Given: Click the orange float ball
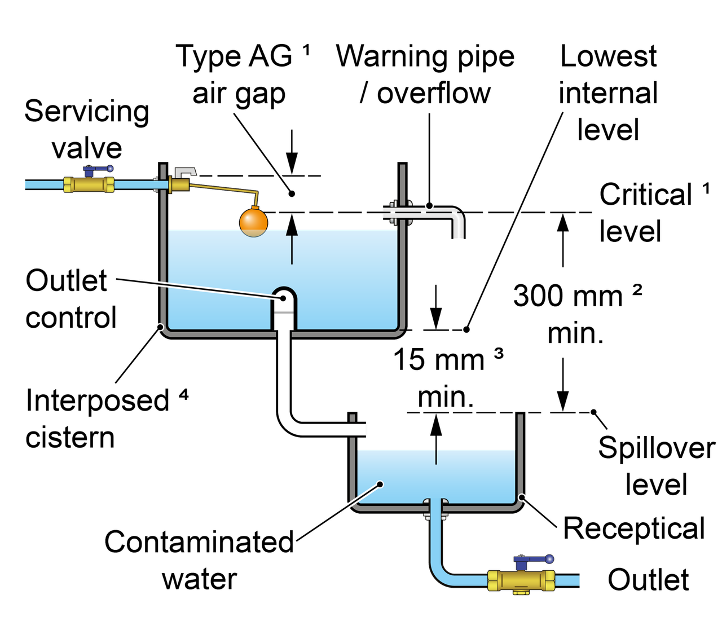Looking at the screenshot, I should pos(253,222).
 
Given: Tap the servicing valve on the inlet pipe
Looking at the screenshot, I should pos(89,183).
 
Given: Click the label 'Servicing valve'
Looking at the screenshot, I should pos(87,130).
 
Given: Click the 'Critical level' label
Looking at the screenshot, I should pos(649,213).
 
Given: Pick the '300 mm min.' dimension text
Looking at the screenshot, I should pos(575,314).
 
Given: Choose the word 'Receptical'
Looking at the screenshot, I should pos(635,528).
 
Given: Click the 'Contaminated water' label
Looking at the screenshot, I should pos(199,560).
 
